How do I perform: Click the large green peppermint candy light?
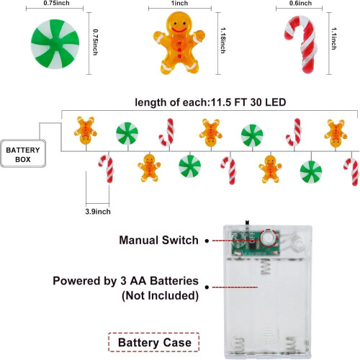pos(55,44)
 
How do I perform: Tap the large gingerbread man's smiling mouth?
pos(179,30)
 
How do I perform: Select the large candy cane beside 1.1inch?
pos(300,45)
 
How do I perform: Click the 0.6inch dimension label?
pos(300,4)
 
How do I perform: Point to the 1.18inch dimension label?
pos(223,40)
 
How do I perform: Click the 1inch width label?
pos(179,4)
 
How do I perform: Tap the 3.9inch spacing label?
pos(98,212)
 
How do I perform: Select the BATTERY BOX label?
pos(23,155)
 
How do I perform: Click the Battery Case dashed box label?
pos(154,343)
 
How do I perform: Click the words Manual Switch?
pos(158,240)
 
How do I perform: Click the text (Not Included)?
pos(161,295)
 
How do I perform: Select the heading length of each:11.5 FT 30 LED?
pos(210,102)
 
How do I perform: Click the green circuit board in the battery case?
pos(256,243)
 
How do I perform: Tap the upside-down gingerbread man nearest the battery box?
pos(86,130)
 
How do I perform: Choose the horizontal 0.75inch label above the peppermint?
pos(56,3)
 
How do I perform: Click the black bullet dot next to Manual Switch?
pos(207,240)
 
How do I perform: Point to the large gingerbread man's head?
pos(179,24)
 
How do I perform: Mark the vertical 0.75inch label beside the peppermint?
pos(96,42)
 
